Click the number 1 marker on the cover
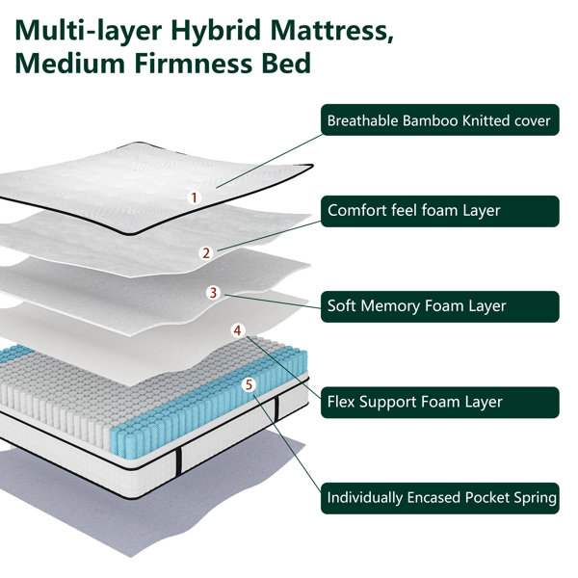[194, 197]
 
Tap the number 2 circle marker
[205, 253]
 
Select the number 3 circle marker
[214, 293]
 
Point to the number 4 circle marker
[238, 329]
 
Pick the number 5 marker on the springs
[250, 384]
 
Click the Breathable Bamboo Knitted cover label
[438, 120]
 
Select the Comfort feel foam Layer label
[438, 211]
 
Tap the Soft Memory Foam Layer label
[438, 306]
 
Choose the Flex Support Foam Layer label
[438, 402]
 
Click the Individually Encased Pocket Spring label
[438, 498]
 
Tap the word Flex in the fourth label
[344, 402]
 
